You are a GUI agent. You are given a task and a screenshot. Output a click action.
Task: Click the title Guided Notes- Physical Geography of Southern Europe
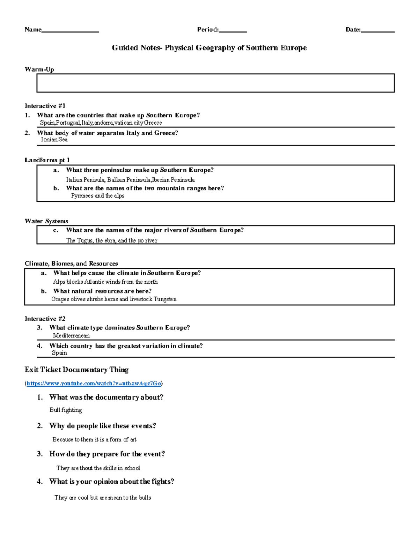point(209,48)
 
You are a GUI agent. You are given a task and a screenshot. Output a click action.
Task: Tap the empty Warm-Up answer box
point(215,83)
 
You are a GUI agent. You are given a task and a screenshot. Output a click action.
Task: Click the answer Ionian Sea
point(54,140)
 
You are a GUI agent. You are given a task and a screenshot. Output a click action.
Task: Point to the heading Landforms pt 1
point(47,160)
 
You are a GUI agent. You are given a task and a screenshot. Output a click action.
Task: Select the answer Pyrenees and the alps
point(98,196)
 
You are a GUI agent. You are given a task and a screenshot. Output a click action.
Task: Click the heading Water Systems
point(46,221)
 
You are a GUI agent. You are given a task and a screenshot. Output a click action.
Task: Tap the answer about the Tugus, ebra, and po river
point(112,240)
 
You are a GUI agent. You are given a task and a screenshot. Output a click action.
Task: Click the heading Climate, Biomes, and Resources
point(71,263)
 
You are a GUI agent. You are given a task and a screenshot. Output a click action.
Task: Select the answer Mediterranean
point(71,336)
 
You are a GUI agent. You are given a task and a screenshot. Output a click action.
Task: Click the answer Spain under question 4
point(59,353)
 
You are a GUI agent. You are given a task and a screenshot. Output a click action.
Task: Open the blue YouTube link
point(94,384)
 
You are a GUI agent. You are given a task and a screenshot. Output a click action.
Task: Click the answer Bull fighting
point(66,410)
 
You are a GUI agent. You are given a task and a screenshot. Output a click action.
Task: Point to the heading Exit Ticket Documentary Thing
point(76,370)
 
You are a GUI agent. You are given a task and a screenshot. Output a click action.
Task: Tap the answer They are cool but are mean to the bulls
point(103,498)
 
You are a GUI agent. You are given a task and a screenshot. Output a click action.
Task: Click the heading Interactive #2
point(45,319)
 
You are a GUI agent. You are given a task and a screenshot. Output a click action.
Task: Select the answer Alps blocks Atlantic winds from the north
point(105,282)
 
